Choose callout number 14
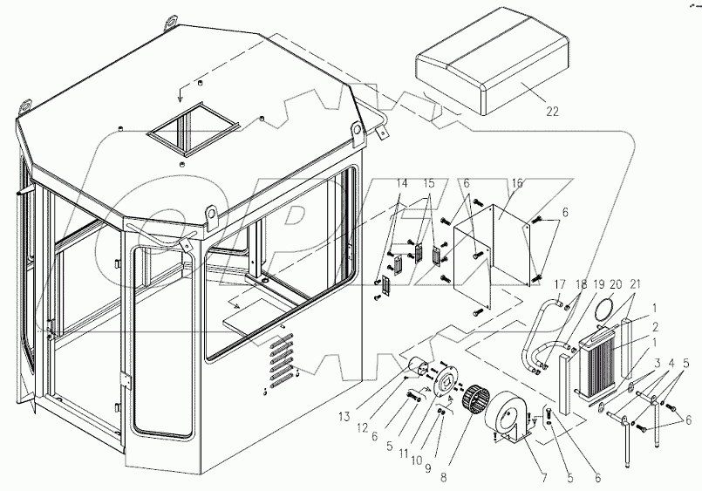pos(402,186)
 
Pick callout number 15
pos(428,186)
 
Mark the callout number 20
pos(617,284)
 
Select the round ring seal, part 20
pos(602,308)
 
